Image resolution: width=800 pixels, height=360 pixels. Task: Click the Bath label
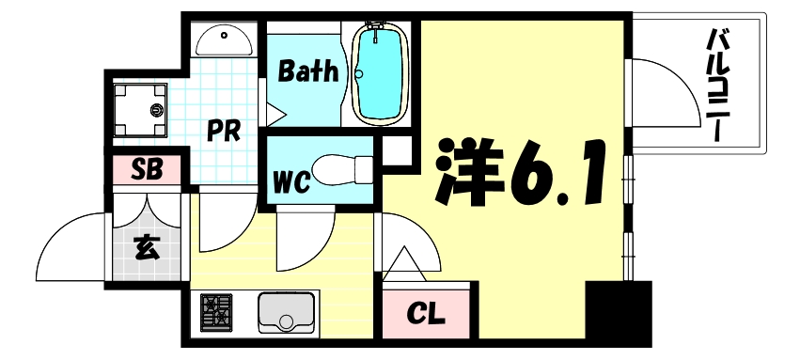307,71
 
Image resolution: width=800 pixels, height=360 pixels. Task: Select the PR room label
224,129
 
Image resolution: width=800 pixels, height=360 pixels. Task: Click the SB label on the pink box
148,170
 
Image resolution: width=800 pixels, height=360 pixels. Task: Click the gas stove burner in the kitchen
217,313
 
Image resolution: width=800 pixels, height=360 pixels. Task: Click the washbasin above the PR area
226,41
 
